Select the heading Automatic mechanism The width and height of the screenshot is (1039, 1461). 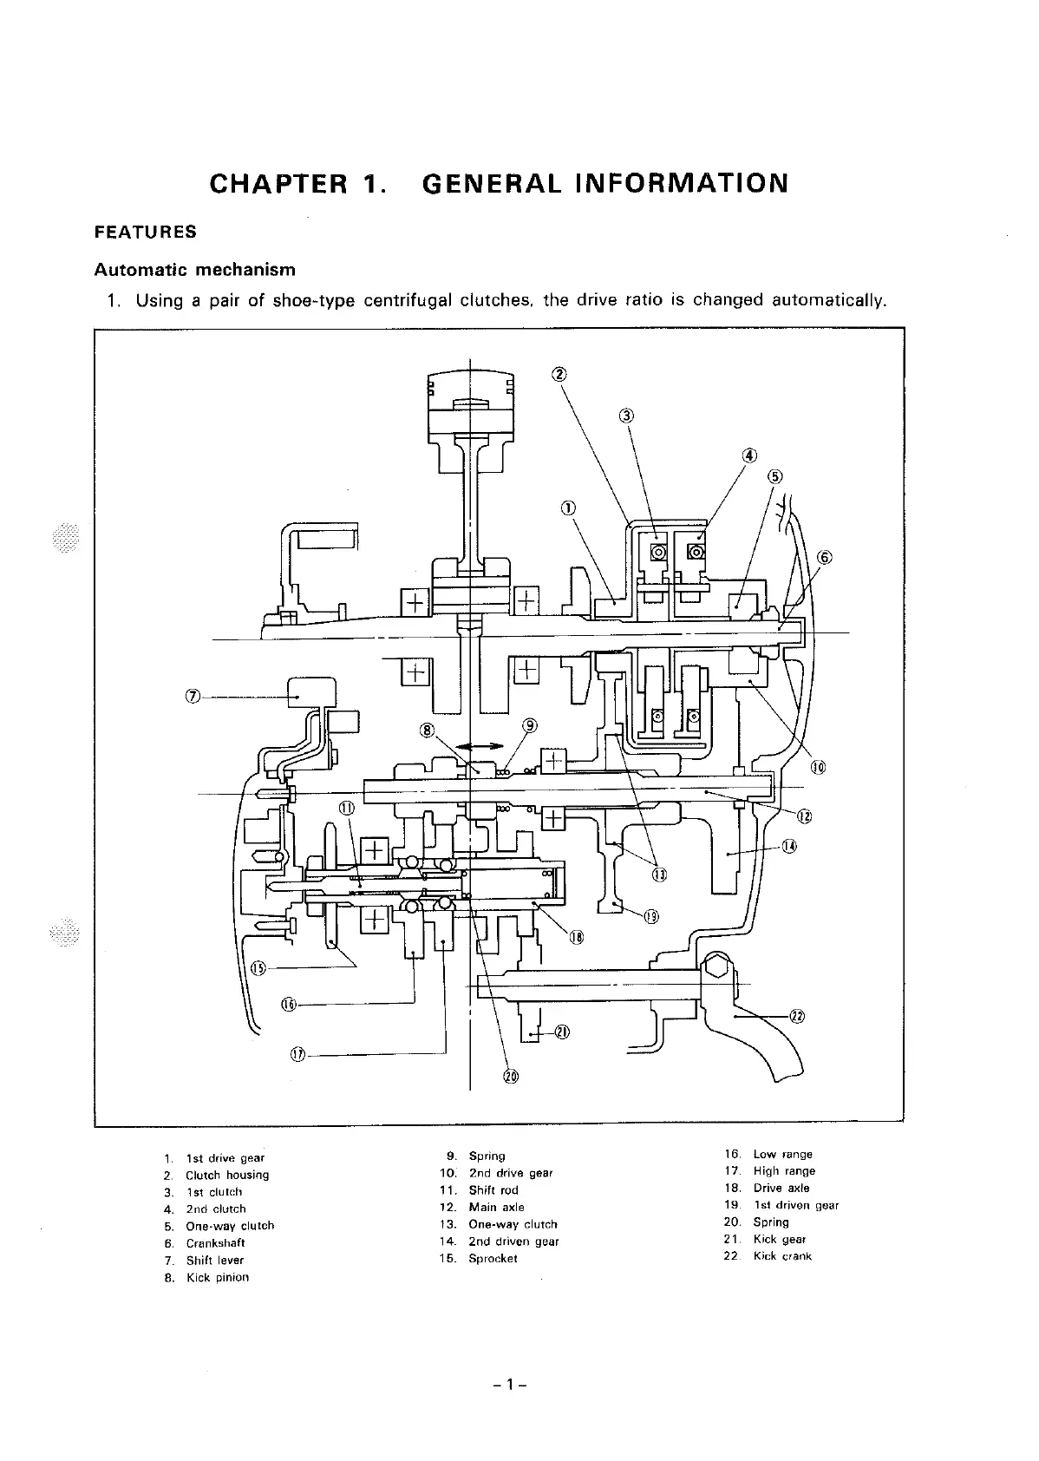tap(194, 270)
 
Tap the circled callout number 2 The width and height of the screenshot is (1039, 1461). tap(559, 375)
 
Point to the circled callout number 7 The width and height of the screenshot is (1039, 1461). tap(193, 696)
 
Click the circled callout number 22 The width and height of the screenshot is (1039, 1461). tap(797, 1017)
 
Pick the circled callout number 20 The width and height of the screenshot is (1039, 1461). tap(510, 1077)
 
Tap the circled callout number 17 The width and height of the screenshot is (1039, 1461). tap(297, 1054)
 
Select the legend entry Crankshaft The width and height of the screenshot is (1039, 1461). tap(215, 1242)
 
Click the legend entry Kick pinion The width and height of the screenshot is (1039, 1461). tap(217, 1277)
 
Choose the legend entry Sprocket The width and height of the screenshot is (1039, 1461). tap(493, 1258)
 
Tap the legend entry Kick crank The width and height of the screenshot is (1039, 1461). tap(782, 1255)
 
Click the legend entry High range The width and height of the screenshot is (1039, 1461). tap(784, 1171)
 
